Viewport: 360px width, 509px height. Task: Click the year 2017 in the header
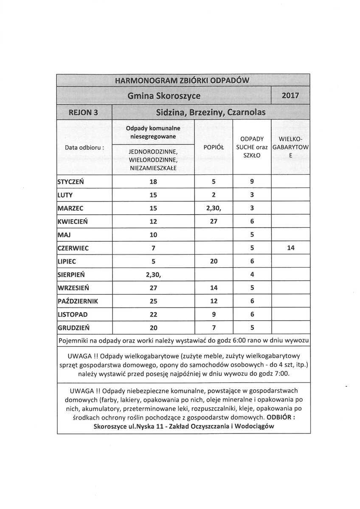point(290,96)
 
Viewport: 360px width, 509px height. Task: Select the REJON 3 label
point(83,112)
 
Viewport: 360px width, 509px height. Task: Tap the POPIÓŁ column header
point(214,147)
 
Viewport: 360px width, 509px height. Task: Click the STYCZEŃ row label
point(70,182)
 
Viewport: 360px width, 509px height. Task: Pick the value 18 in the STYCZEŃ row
point(153,182)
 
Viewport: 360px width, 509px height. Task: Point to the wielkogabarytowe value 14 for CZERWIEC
point(290,248)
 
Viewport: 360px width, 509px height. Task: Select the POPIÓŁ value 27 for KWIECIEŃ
point(214,221)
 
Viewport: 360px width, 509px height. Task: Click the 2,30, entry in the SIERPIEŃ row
point(153,274)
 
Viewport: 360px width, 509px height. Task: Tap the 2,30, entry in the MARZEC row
point(214,208)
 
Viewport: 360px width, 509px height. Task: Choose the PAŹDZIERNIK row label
point(78,301)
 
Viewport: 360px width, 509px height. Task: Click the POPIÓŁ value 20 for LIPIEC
point(214,261)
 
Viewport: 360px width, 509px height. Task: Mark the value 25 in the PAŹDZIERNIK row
point(153,301)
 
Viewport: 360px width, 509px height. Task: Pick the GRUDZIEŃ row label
point(73,327)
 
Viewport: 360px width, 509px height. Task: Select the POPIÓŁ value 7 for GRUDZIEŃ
point(214,327)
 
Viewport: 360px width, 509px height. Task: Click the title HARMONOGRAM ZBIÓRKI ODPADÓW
point(183,81)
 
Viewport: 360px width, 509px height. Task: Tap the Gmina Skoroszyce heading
point(164,96)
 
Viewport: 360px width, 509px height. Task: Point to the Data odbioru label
point(84,148)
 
